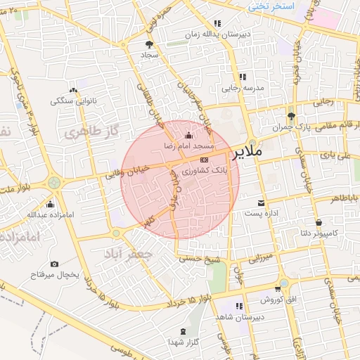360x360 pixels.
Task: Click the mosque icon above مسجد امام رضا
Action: [x=188, y=135]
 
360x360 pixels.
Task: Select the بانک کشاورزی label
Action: [x=205, y=171]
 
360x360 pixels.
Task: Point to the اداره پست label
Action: [x=263, y=212]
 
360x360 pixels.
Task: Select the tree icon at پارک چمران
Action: [x=291, y=116]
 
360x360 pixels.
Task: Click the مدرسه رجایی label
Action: [x=243, y=89]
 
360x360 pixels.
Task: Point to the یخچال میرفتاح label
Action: [x=55, y=274]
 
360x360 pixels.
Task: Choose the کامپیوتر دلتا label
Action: [x=335, y=232]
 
